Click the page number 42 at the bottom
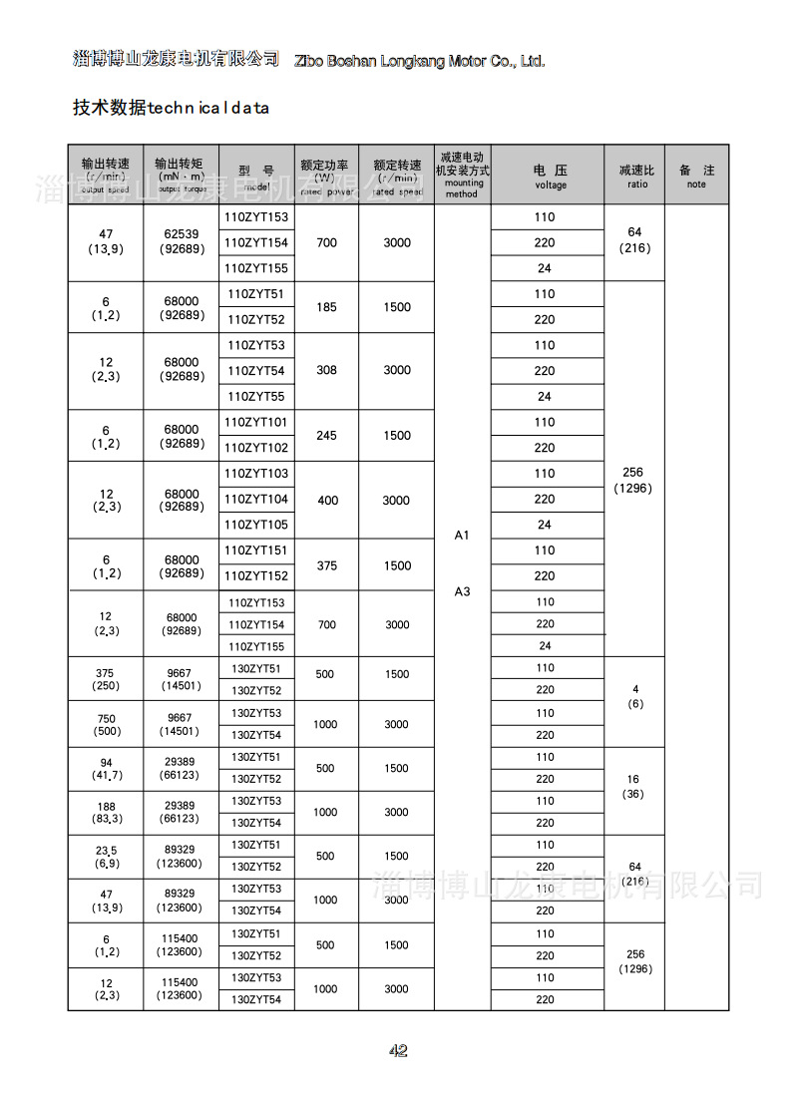(398, 1050)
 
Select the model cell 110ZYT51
(255, 294)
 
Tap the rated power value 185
(326, 307)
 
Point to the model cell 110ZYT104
(255, 499)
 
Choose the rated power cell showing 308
(326, 370)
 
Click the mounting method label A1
(462, 536)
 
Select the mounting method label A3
(462, 591)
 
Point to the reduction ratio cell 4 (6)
(635, 696)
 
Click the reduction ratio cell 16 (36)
(635, 786)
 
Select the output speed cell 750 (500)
(106, 724)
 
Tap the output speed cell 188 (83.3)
(106, 812)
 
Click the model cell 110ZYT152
(255, 576)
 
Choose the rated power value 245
(326, 436)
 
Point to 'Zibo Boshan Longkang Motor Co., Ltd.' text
(420, 61)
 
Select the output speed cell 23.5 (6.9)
(106, 856)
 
